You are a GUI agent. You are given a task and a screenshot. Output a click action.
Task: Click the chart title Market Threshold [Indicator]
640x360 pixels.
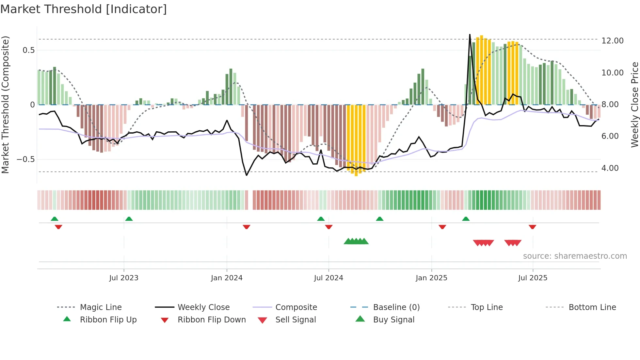click(x=84, y=9)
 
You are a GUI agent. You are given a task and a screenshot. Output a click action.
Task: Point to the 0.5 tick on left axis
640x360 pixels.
click(x=28, y=50)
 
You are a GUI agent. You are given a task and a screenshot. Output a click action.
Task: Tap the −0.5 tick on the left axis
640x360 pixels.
click(x=25, y=159)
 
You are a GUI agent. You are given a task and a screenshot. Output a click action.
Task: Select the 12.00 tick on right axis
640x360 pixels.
click(x=612, y=41)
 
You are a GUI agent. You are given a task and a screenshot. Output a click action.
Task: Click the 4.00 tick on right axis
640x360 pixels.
click(x=610, y=168)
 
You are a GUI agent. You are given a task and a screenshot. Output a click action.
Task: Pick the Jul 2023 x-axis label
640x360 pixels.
click(x=124, y=278)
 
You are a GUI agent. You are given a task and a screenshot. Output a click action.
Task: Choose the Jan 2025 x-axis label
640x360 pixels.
click(x=431, y=278)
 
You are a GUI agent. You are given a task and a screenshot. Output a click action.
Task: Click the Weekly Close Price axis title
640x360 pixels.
click(x=634, y=105)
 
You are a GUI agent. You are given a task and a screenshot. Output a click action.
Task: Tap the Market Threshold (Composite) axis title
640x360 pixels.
click(x=5, y=105)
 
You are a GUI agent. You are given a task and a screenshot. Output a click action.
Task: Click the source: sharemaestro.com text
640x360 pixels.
click(x=575, y=256)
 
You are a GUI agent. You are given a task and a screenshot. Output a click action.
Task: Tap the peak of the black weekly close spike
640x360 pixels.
click(x=470, y=35)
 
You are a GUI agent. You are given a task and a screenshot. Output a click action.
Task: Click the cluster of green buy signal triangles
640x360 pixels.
click(x=356, y=241)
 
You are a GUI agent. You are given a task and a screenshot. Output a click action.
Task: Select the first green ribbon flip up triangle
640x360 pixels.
click(x=55, y=219)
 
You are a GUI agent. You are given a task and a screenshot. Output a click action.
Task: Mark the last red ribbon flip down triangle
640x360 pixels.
click(x=532, y=227)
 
